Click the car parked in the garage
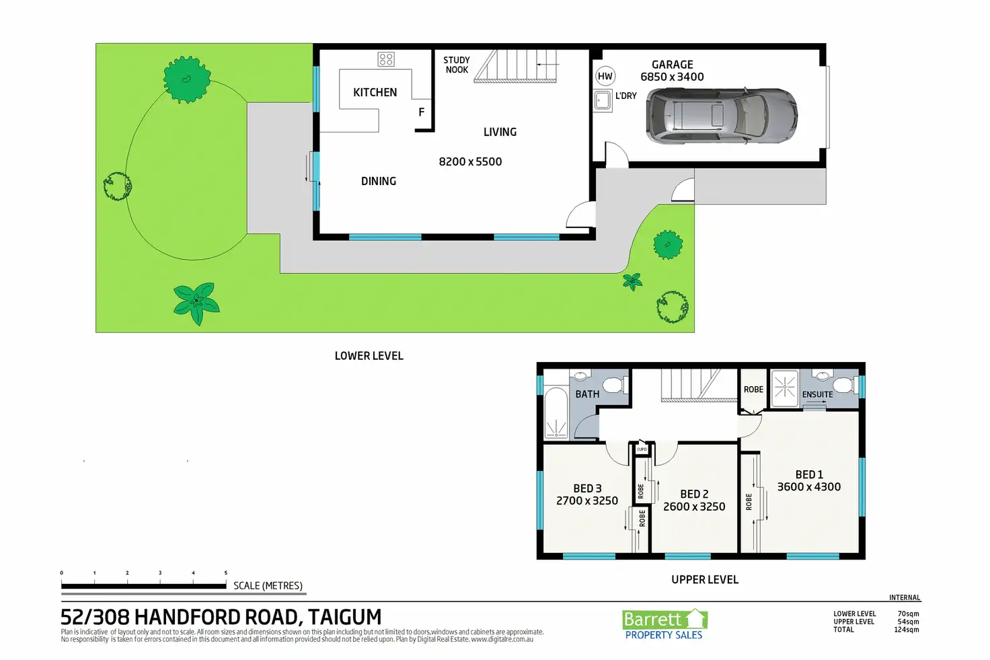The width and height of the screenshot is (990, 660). pyautogui.click(x=722, y=115)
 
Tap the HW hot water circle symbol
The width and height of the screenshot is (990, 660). pyautogui.click(x=605, y=76)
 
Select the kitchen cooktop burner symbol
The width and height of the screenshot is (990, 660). pyautogui.click(x=386, y=59)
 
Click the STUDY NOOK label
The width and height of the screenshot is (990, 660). pyautogui.click(x=457, y=65)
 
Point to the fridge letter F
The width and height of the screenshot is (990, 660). pyautogui.click(x=422, y=112)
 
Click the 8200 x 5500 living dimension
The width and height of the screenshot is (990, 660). pyautogui.click(x=470, y=161)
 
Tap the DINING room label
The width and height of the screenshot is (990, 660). pyautogui.click(x=379, y=181)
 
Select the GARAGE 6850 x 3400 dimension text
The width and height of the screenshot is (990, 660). pyautogui.click(x=673, y=77)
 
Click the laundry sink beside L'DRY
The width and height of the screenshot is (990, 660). pyautogui.click(x=602, y=101)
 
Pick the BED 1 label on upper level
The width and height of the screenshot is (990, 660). pyautogui.click(x=809, y=475)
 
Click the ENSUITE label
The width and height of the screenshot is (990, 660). pyautogui.click(x=817, y=394)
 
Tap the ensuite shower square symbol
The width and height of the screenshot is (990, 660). pyautogui.click(x=784, y=388)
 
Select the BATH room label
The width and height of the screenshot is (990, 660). pyautogui.click(x=587, y=394)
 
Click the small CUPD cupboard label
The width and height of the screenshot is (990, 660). pyautogui.click(x=642, y=449)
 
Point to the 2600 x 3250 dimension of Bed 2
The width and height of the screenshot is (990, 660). pyautogui.click(x=694, y=507)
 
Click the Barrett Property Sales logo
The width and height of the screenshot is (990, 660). pyautogui.click(x=664, y=624)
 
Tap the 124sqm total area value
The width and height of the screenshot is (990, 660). pyautogui.click(x=907, y=630)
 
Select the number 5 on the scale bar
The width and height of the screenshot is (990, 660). pyautogui.click(x=226, y=573)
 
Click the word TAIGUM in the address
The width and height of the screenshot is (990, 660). pyautogui.click(x=345, y=617)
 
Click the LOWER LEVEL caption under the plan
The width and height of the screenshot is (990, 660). pyautogui.click(x=369, y=356)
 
